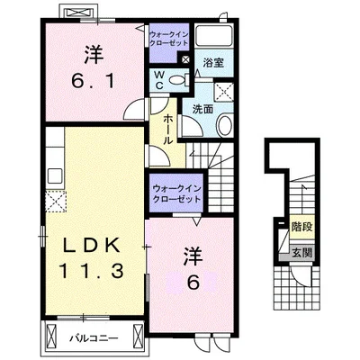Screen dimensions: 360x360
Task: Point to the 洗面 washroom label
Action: (x=202, y=109)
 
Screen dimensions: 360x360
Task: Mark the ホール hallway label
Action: (x=167, y=126)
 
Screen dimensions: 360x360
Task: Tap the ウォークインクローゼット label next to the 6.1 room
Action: (x=168, y=38)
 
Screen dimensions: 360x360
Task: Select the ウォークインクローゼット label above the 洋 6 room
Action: (x=176, y=192)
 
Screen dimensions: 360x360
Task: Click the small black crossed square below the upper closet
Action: (x=184, y=60)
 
